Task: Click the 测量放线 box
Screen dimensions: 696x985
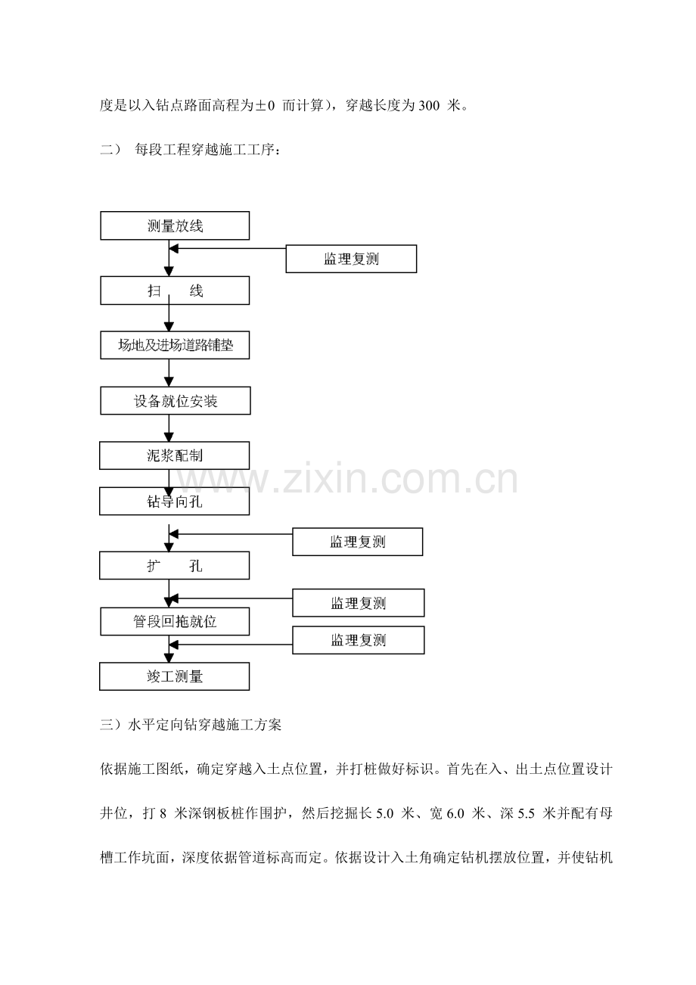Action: pyautogui.click(x=175, y=225)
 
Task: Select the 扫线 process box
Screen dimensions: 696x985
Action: pyautogui.click(x=175, y=291)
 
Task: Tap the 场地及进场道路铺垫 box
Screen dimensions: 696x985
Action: pyautogui.click(x=175, y=345)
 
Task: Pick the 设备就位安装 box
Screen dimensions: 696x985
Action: pyautogui.click(x=176, y=401)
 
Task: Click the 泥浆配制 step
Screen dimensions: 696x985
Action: pyautogui.click(x=174, y=455)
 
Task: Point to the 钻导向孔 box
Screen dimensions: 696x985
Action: pyautogui.click(x=174, y=501)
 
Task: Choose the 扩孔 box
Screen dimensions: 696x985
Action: pyautogui.click(x=174, y=565)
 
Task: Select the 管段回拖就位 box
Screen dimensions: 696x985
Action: pyautogui.click(x=175, y=621)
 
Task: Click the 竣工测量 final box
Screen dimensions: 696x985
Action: pyautogui.click(x=174, y=676)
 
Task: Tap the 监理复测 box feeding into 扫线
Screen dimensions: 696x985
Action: pyautogui.click(x=351, y=259)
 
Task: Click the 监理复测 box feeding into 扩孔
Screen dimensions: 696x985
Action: pyautogui.click(x=357, y=542)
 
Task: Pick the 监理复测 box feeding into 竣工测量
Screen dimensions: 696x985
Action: pyautogui.click(x=359, y=640)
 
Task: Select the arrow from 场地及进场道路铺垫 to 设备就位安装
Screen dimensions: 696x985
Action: pyautogui.click(x=169, y=373)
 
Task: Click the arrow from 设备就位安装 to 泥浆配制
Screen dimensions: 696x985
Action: pyautogui.click(x=169, y=428)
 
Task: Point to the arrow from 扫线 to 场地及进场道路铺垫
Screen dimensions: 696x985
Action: pyautogui.click(x=169, y=313)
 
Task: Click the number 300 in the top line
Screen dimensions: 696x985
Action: pyautogui.click(x=429, y=106)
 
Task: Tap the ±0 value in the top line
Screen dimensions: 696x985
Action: pyautogui.click(x=265, y=106)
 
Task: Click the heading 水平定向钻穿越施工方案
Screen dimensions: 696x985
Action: pyautogui.click(x=204, y=725)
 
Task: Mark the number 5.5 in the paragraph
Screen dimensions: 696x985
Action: pyautogui.click(x=526, y=813)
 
